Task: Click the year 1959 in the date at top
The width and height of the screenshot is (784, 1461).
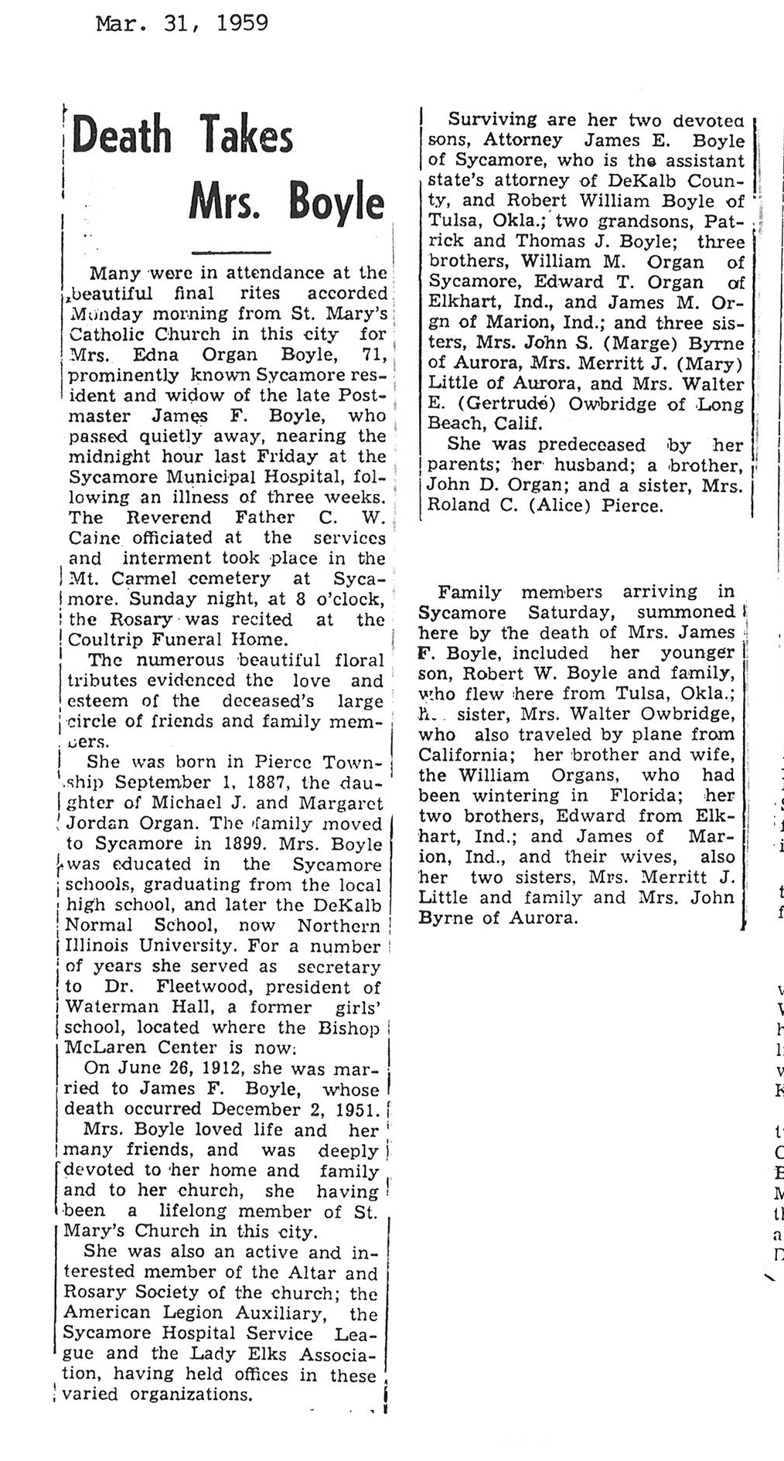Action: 244,24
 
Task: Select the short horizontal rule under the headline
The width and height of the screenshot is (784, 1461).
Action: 231,251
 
